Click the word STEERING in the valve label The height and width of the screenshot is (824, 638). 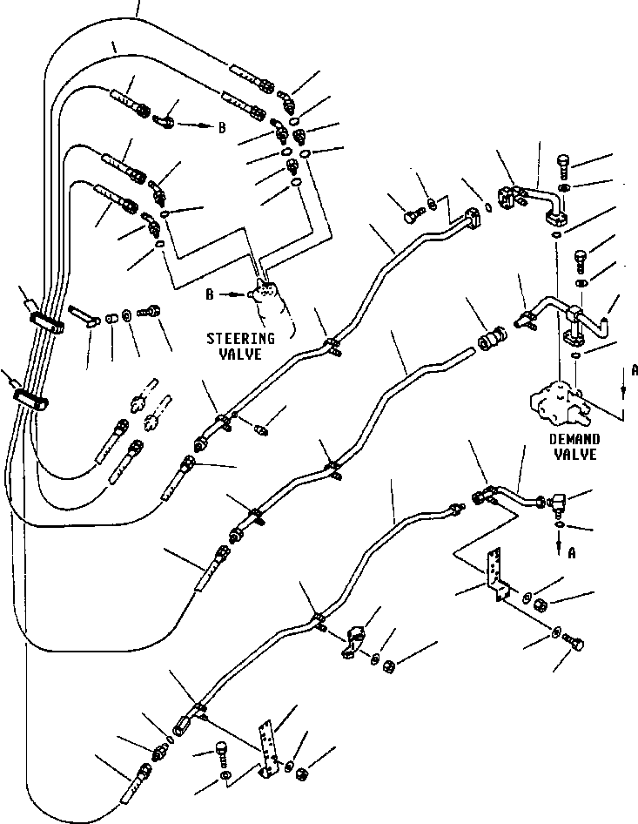pos(240,338)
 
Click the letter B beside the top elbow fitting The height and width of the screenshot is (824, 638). pos(222,127)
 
